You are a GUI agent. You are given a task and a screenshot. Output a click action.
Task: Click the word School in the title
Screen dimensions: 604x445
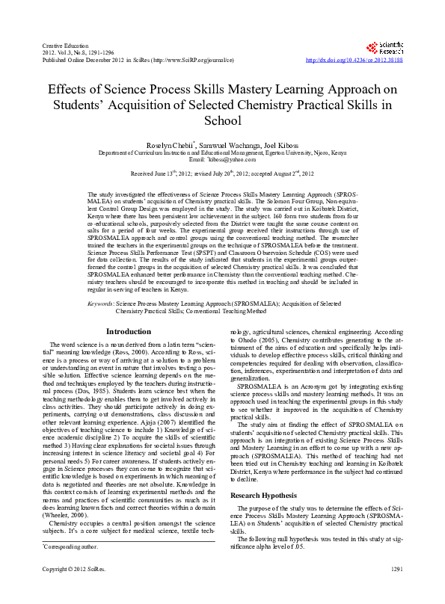(222, 120)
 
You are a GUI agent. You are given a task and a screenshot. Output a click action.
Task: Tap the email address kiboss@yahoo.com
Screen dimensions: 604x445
(233, 159)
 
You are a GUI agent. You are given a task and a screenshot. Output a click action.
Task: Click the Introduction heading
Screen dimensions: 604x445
(129, 331)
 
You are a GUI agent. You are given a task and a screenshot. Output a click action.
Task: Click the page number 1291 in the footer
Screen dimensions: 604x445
(396, 591)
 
